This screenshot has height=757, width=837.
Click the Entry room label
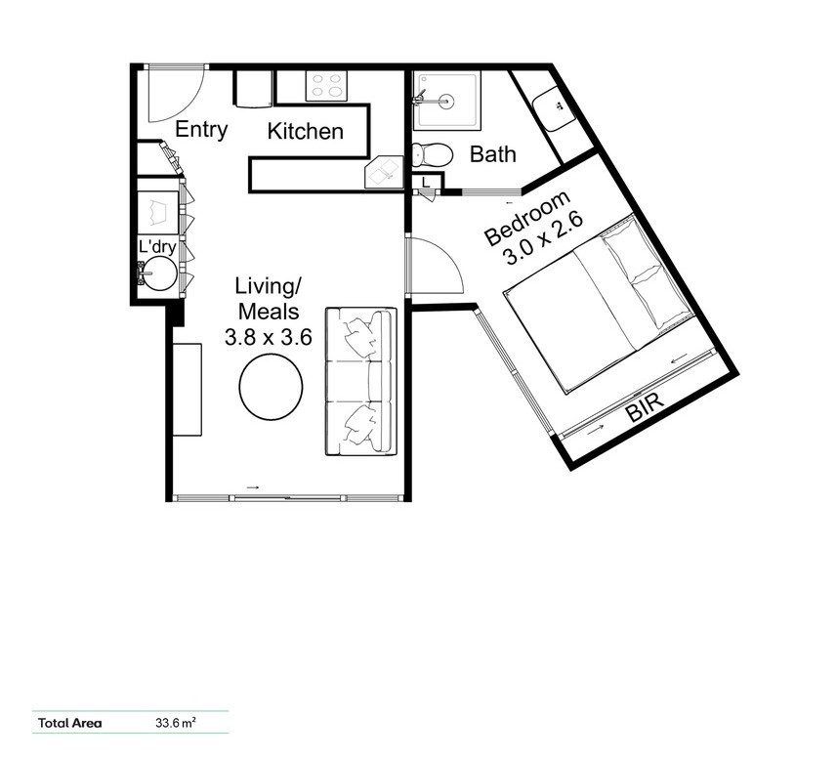(201, 130)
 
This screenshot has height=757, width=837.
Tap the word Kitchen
(306, 131)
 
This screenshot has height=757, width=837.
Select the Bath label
(492, 154)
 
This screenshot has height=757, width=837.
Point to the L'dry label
(157, 247)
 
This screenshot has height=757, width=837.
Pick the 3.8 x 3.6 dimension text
(269, 337)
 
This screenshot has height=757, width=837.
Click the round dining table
(272, 387)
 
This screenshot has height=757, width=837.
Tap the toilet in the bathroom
(432, 155)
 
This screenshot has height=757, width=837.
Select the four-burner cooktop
(326, 85)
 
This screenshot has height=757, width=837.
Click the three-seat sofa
(361, 381)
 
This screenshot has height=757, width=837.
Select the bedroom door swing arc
(446, 258)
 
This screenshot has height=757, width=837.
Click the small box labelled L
(426, 182)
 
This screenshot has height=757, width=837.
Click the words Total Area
(70, 724)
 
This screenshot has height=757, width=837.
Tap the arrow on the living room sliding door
(253, 487)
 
